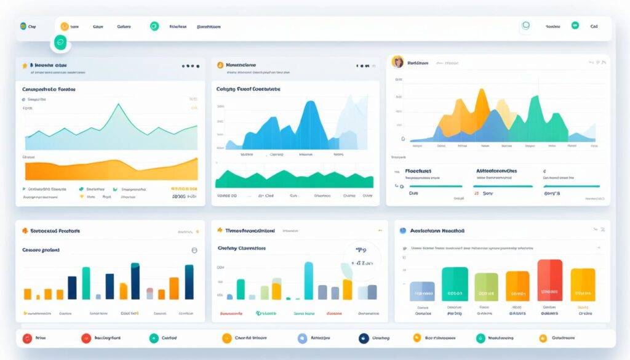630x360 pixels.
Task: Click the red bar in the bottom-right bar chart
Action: (549, 280)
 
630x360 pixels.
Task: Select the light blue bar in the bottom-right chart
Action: (422, 291)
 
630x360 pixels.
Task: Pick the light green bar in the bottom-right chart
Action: (486, 287)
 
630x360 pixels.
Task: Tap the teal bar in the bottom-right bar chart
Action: (455, 284)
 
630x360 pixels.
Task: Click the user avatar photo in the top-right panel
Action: (398, 62)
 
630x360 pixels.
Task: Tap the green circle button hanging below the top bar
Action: (60, 42)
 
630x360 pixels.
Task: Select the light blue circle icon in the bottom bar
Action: (302, 338)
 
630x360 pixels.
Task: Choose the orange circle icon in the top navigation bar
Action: (64, 26)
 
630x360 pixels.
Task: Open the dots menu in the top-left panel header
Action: (191, 66)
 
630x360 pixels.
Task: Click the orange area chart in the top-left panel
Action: (111, 170)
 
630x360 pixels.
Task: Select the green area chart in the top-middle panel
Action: (294, 180)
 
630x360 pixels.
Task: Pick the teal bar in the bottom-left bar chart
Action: (86, 282)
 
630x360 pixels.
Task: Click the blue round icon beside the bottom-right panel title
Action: (403, 231)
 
